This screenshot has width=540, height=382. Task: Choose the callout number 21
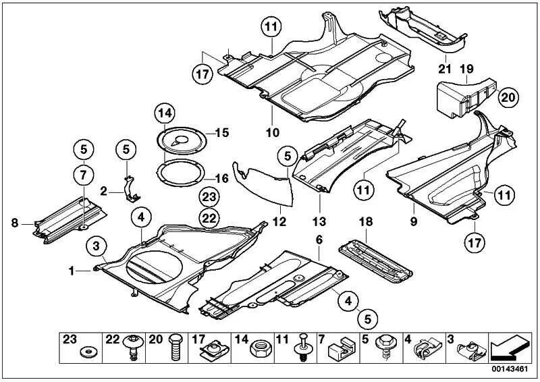tap(443, 68)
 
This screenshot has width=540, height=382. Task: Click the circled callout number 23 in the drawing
tap(209, 197)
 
